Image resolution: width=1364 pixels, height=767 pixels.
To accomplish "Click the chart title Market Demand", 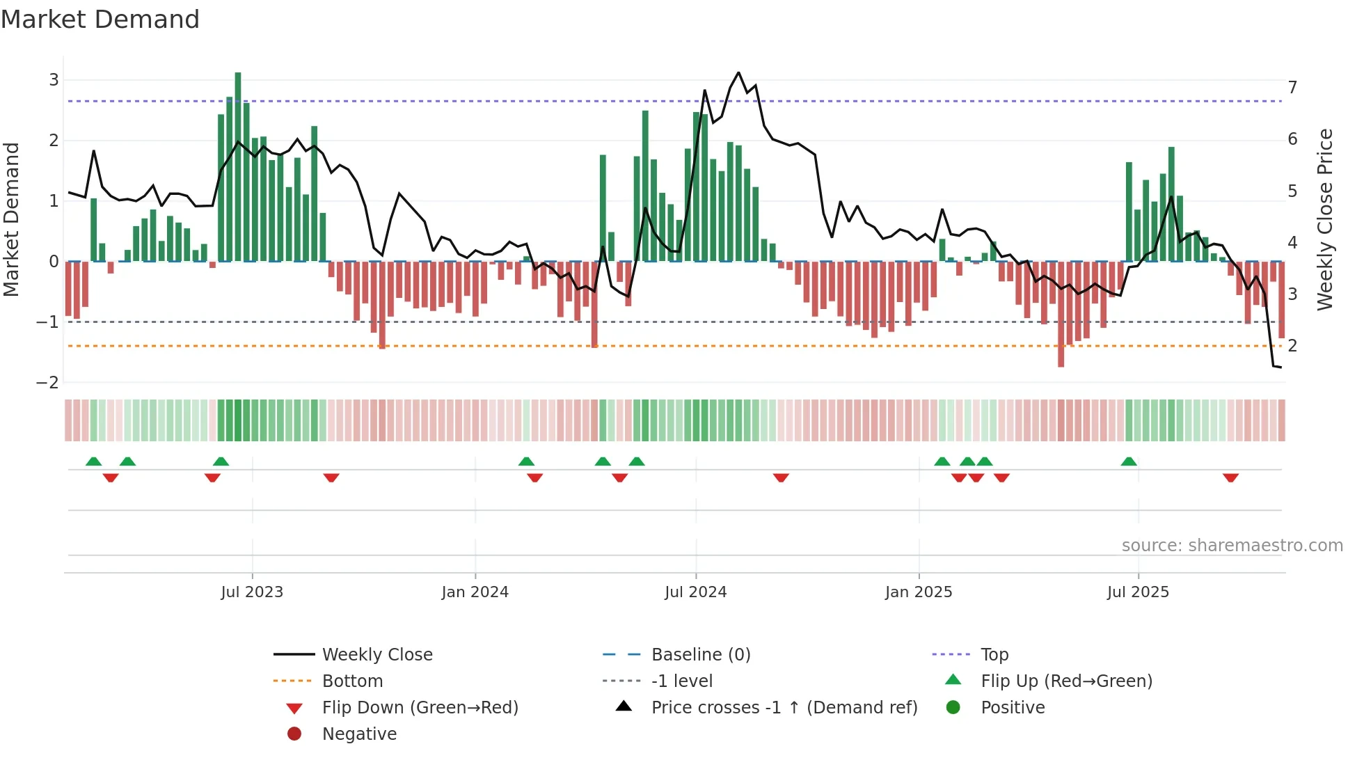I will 100,19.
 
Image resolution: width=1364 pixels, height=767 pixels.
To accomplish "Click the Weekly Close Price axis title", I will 1325,219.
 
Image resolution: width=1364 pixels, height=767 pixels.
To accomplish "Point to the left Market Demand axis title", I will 11,219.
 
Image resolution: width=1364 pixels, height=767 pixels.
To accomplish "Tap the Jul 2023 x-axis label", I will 252,592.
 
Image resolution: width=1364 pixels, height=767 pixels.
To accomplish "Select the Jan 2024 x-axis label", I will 475,592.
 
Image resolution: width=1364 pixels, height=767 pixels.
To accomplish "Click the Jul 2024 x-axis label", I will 695,592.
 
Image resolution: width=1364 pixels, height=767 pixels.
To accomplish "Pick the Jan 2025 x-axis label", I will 919,592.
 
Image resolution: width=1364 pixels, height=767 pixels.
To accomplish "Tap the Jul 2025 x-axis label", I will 1138,592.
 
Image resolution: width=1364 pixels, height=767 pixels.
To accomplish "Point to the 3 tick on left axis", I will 54,80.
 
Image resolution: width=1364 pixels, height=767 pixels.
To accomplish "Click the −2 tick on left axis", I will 47,383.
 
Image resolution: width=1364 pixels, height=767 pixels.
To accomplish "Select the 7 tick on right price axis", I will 1292,88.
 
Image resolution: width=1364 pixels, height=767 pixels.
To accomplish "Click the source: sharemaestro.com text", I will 1232,546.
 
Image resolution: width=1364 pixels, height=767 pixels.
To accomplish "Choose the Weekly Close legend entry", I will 376,655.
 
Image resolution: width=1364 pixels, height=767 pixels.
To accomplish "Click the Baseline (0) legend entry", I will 700,655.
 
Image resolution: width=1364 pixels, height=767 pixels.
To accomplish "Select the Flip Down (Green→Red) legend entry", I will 420,708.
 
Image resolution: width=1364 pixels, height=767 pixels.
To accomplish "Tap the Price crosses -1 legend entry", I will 784,708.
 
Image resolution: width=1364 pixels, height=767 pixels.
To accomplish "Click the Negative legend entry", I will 359,734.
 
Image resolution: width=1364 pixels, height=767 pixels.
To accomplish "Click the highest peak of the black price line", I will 738,72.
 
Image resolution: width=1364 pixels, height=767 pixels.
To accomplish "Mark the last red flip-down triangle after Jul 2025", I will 1230,477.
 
